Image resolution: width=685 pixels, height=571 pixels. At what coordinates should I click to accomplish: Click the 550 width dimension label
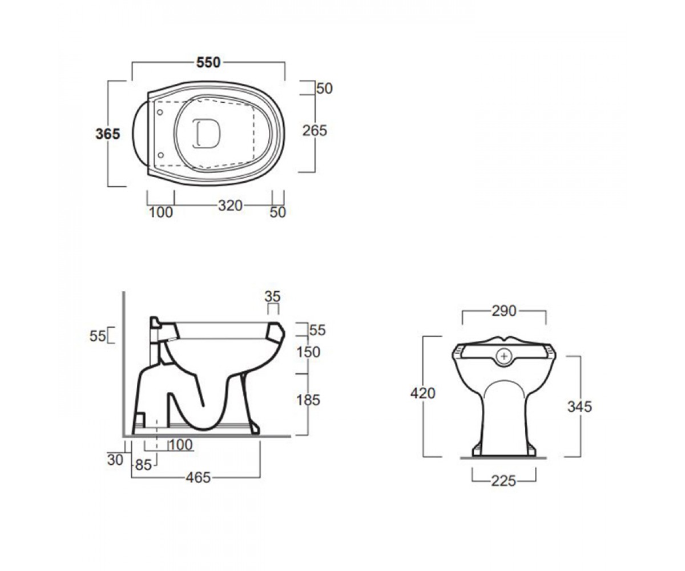click(x=208, y=62)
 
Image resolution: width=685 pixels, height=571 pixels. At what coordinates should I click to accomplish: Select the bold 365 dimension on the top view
click(x=108, y=134)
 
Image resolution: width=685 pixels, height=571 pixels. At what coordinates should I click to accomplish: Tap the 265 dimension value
click(x=315, y=131)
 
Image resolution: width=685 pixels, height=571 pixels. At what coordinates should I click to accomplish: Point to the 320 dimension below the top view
click(x=230, y=206)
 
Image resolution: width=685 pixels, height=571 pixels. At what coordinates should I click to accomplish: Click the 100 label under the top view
click(x=161, y=212)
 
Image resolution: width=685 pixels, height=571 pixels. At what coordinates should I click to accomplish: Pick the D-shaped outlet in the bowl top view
click(x=206, y=134)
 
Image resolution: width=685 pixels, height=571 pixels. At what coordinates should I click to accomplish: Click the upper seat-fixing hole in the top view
click(x=160, y=112)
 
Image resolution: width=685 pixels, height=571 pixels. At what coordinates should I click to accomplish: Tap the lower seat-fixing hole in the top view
click(x=161, y=155)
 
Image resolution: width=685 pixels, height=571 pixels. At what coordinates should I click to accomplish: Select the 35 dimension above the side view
click(x=273, y=297)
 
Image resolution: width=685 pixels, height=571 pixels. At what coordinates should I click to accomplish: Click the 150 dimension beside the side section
click(x=308, y=352)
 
